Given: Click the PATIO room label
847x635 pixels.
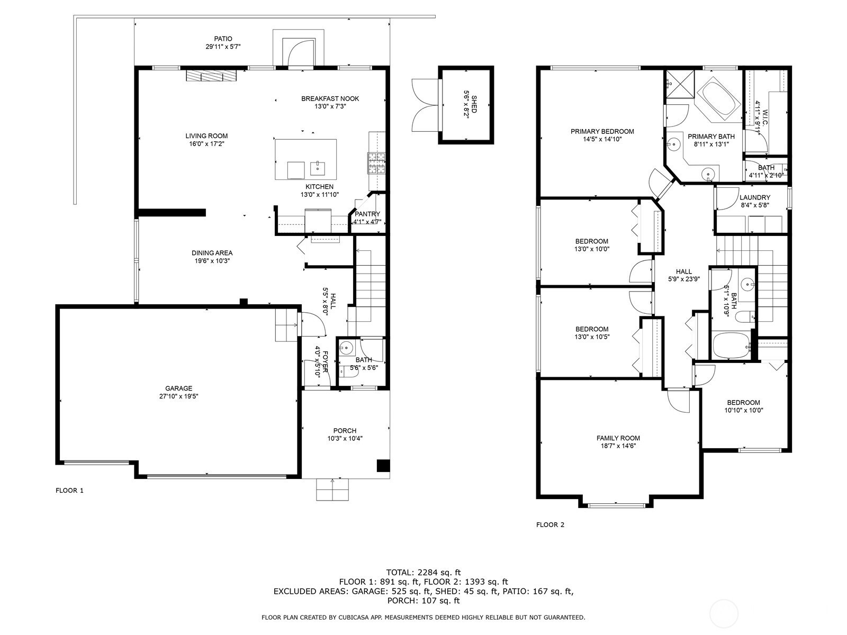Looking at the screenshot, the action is coord(223,39).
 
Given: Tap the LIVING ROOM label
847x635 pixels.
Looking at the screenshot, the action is coord(206,135).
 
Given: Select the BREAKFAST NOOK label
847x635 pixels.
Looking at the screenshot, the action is coord(330,99).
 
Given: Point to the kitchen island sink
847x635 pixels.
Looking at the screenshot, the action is coord(317,168).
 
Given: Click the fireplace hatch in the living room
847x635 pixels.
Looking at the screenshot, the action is coord(211,76).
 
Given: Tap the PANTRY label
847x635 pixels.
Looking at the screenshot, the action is coord(367,214).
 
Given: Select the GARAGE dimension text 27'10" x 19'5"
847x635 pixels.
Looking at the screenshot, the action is coord(178,396).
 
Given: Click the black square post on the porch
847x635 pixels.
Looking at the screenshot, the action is coord(383,465).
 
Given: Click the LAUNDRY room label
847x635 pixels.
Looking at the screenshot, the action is coord(755,197).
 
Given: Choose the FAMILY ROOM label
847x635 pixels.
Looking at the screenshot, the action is coord(618,438).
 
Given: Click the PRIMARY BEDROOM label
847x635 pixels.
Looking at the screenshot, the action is coord(602,131).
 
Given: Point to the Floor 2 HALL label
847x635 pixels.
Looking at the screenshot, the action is coord(684,271).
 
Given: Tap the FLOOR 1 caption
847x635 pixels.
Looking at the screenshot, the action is coord(69,491).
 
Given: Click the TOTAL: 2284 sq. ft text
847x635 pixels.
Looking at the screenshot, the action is coord(424,573).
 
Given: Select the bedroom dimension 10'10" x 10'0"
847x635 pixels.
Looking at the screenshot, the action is coord(744,410).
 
